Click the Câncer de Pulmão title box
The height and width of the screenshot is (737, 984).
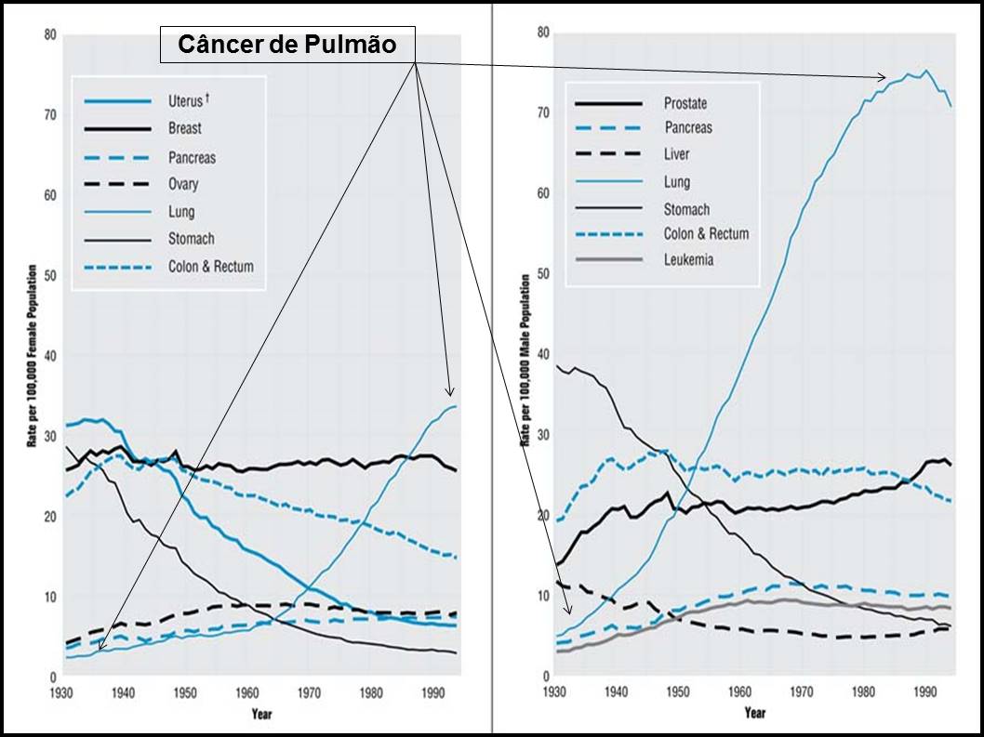(x=286, y=45)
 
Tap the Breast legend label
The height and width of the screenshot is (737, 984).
(x=184, y=128)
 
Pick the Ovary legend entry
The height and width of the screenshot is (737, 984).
(x=183, y=184)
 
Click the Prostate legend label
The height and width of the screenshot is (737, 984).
(x=685, y=103)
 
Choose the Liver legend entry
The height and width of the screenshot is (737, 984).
(x=676, y=154)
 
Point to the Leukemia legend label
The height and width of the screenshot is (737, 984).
(x=688, y=260)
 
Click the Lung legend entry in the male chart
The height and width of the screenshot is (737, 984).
(x=676, y=182)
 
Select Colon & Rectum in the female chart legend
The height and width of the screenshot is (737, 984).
(x=210, y=267)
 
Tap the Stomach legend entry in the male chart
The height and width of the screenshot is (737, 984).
(x=686, y=209)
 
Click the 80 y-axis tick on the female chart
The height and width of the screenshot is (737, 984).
(x=49, y=35)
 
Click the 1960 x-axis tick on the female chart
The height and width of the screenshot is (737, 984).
(x=246, y=693)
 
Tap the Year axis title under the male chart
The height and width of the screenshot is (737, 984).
(x=754, y=713)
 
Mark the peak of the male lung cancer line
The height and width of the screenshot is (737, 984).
(x=925, y=71)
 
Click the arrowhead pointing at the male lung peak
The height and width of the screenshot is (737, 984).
(x=884, y=77)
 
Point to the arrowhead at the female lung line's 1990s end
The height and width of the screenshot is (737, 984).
(x=451, y=393)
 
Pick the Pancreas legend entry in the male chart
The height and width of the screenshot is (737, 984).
(x=687, y=127)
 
